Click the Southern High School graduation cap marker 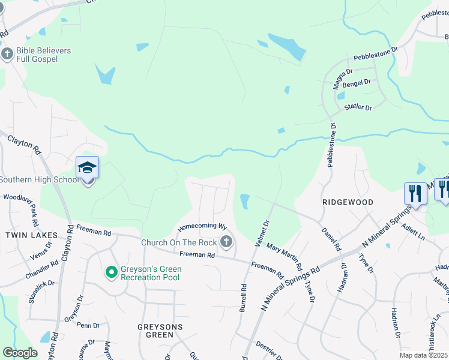(87, 167)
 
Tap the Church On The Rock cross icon (226, 242)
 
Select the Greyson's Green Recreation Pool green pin (111, 273)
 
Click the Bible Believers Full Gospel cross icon (7, 55)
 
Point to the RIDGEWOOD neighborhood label (348, 203)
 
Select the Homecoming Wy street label (202, 227)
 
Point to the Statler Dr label (358, 108)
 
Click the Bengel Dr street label (358, 82)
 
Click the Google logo (19, 352)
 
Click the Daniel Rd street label (331, 239)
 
